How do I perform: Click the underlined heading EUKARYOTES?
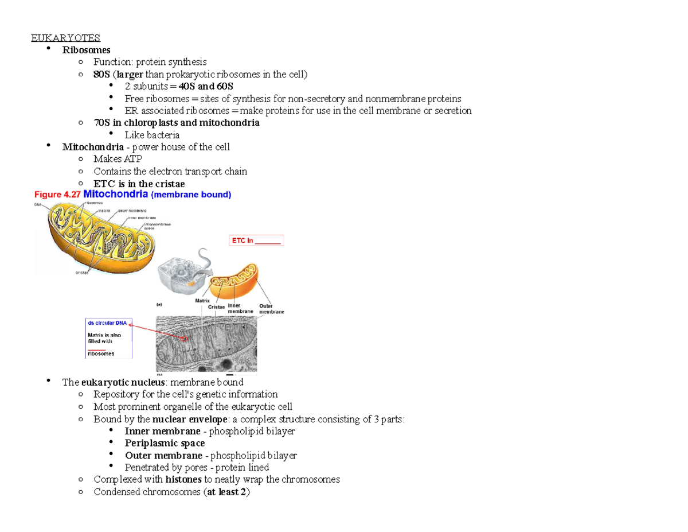coord(65,38)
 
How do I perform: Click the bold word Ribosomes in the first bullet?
coord(86,50)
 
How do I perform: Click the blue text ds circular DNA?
coord(107,323)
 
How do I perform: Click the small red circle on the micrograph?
coord(185,339)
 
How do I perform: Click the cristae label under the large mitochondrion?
coord(82,273)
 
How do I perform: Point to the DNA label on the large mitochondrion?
coord(38,203)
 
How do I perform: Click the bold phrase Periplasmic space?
coord(164,443)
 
